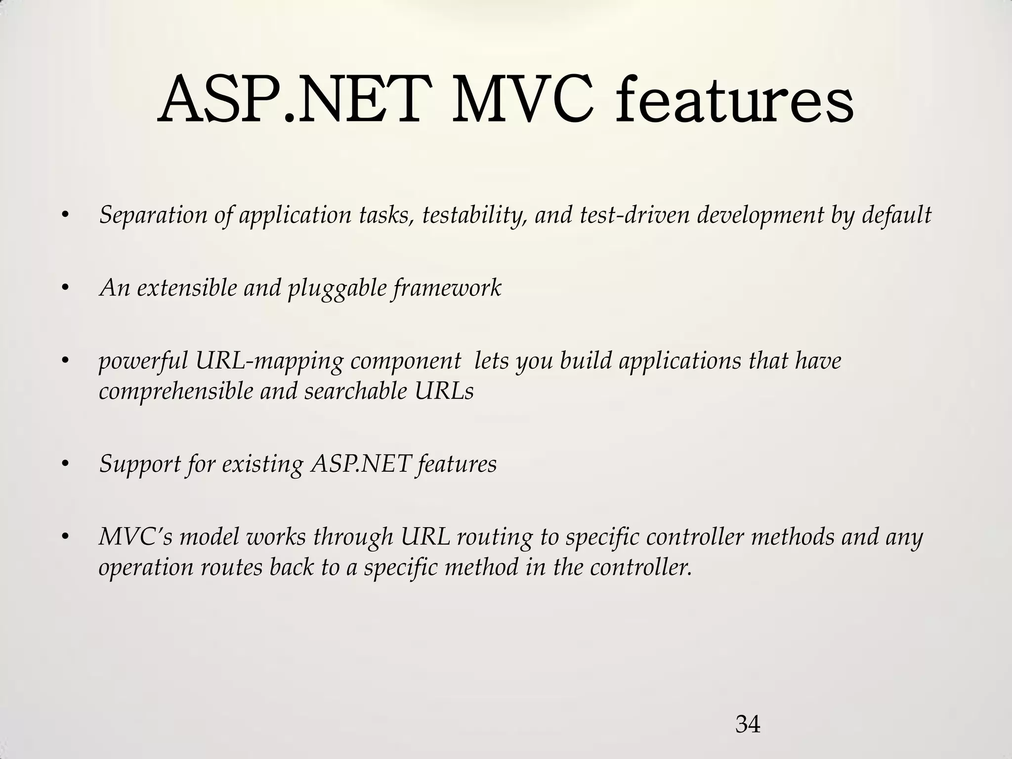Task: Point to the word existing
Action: coord(262,464)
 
